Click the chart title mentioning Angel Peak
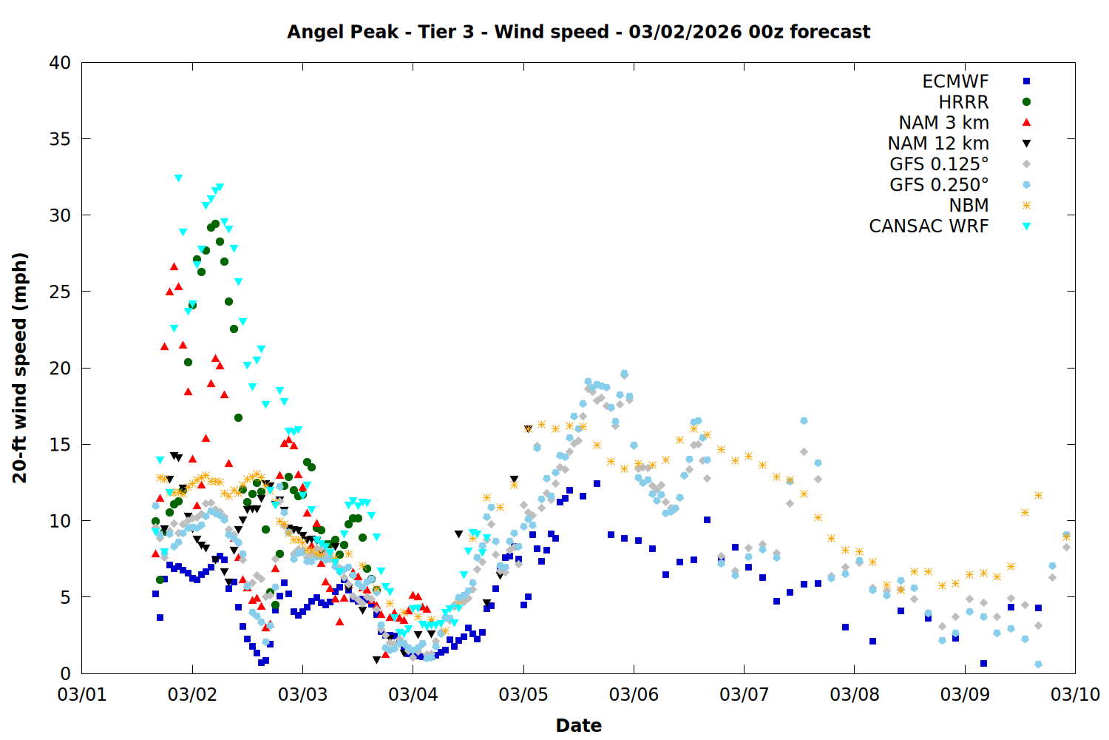tap(578, 32)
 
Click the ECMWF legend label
tap(955, 81)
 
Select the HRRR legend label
tap(963, 102)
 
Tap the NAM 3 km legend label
tap(943, 123)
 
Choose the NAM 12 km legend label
tap(938, 144)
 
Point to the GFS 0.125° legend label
tap(939, 164)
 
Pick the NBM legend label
tap(969, 206)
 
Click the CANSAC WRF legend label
tap(929, 226)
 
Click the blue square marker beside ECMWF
tap(1026, 81)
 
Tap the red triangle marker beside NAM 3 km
tap(1026, 122)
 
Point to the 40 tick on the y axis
tap(61, 63)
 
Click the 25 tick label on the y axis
tap(61, 292)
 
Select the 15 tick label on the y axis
tap(61, 444)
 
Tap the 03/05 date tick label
tap(523, 695)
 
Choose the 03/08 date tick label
tap(855, 695)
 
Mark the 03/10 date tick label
tap(1075, 695)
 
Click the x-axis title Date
tap(578, 725)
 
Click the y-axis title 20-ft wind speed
tap(20, 368)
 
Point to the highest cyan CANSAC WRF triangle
tap(178, 178)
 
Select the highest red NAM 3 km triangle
tap(174, 266)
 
